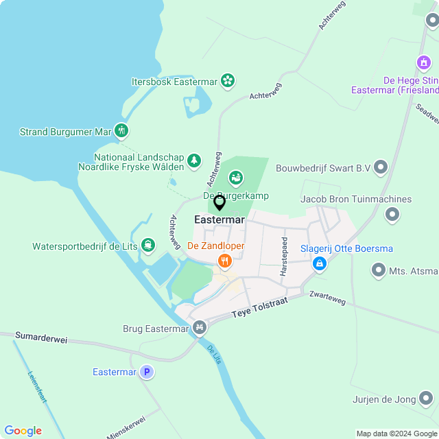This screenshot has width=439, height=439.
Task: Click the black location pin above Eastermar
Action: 219,203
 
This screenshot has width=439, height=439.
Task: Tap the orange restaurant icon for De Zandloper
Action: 224,261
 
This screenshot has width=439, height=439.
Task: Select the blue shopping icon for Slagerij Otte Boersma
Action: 319,263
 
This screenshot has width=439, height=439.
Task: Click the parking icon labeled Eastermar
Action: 146,372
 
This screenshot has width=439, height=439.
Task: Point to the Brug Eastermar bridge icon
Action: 200,328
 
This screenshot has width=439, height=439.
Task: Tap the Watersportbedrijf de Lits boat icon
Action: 147,246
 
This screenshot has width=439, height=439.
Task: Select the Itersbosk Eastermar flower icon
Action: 228,82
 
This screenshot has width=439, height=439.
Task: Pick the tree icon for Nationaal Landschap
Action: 194,161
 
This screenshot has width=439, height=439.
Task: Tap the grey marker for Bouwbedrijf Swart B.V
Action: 381,167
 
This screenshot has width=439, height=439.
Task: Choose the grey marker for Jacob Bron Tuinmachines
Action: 392,215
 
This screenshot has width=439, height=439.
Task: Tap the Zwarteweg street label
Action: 327,298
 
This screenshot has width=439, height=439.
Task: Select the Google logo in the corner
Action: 23,430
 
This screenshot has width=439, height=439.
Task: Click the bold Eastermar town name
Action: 219,220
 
